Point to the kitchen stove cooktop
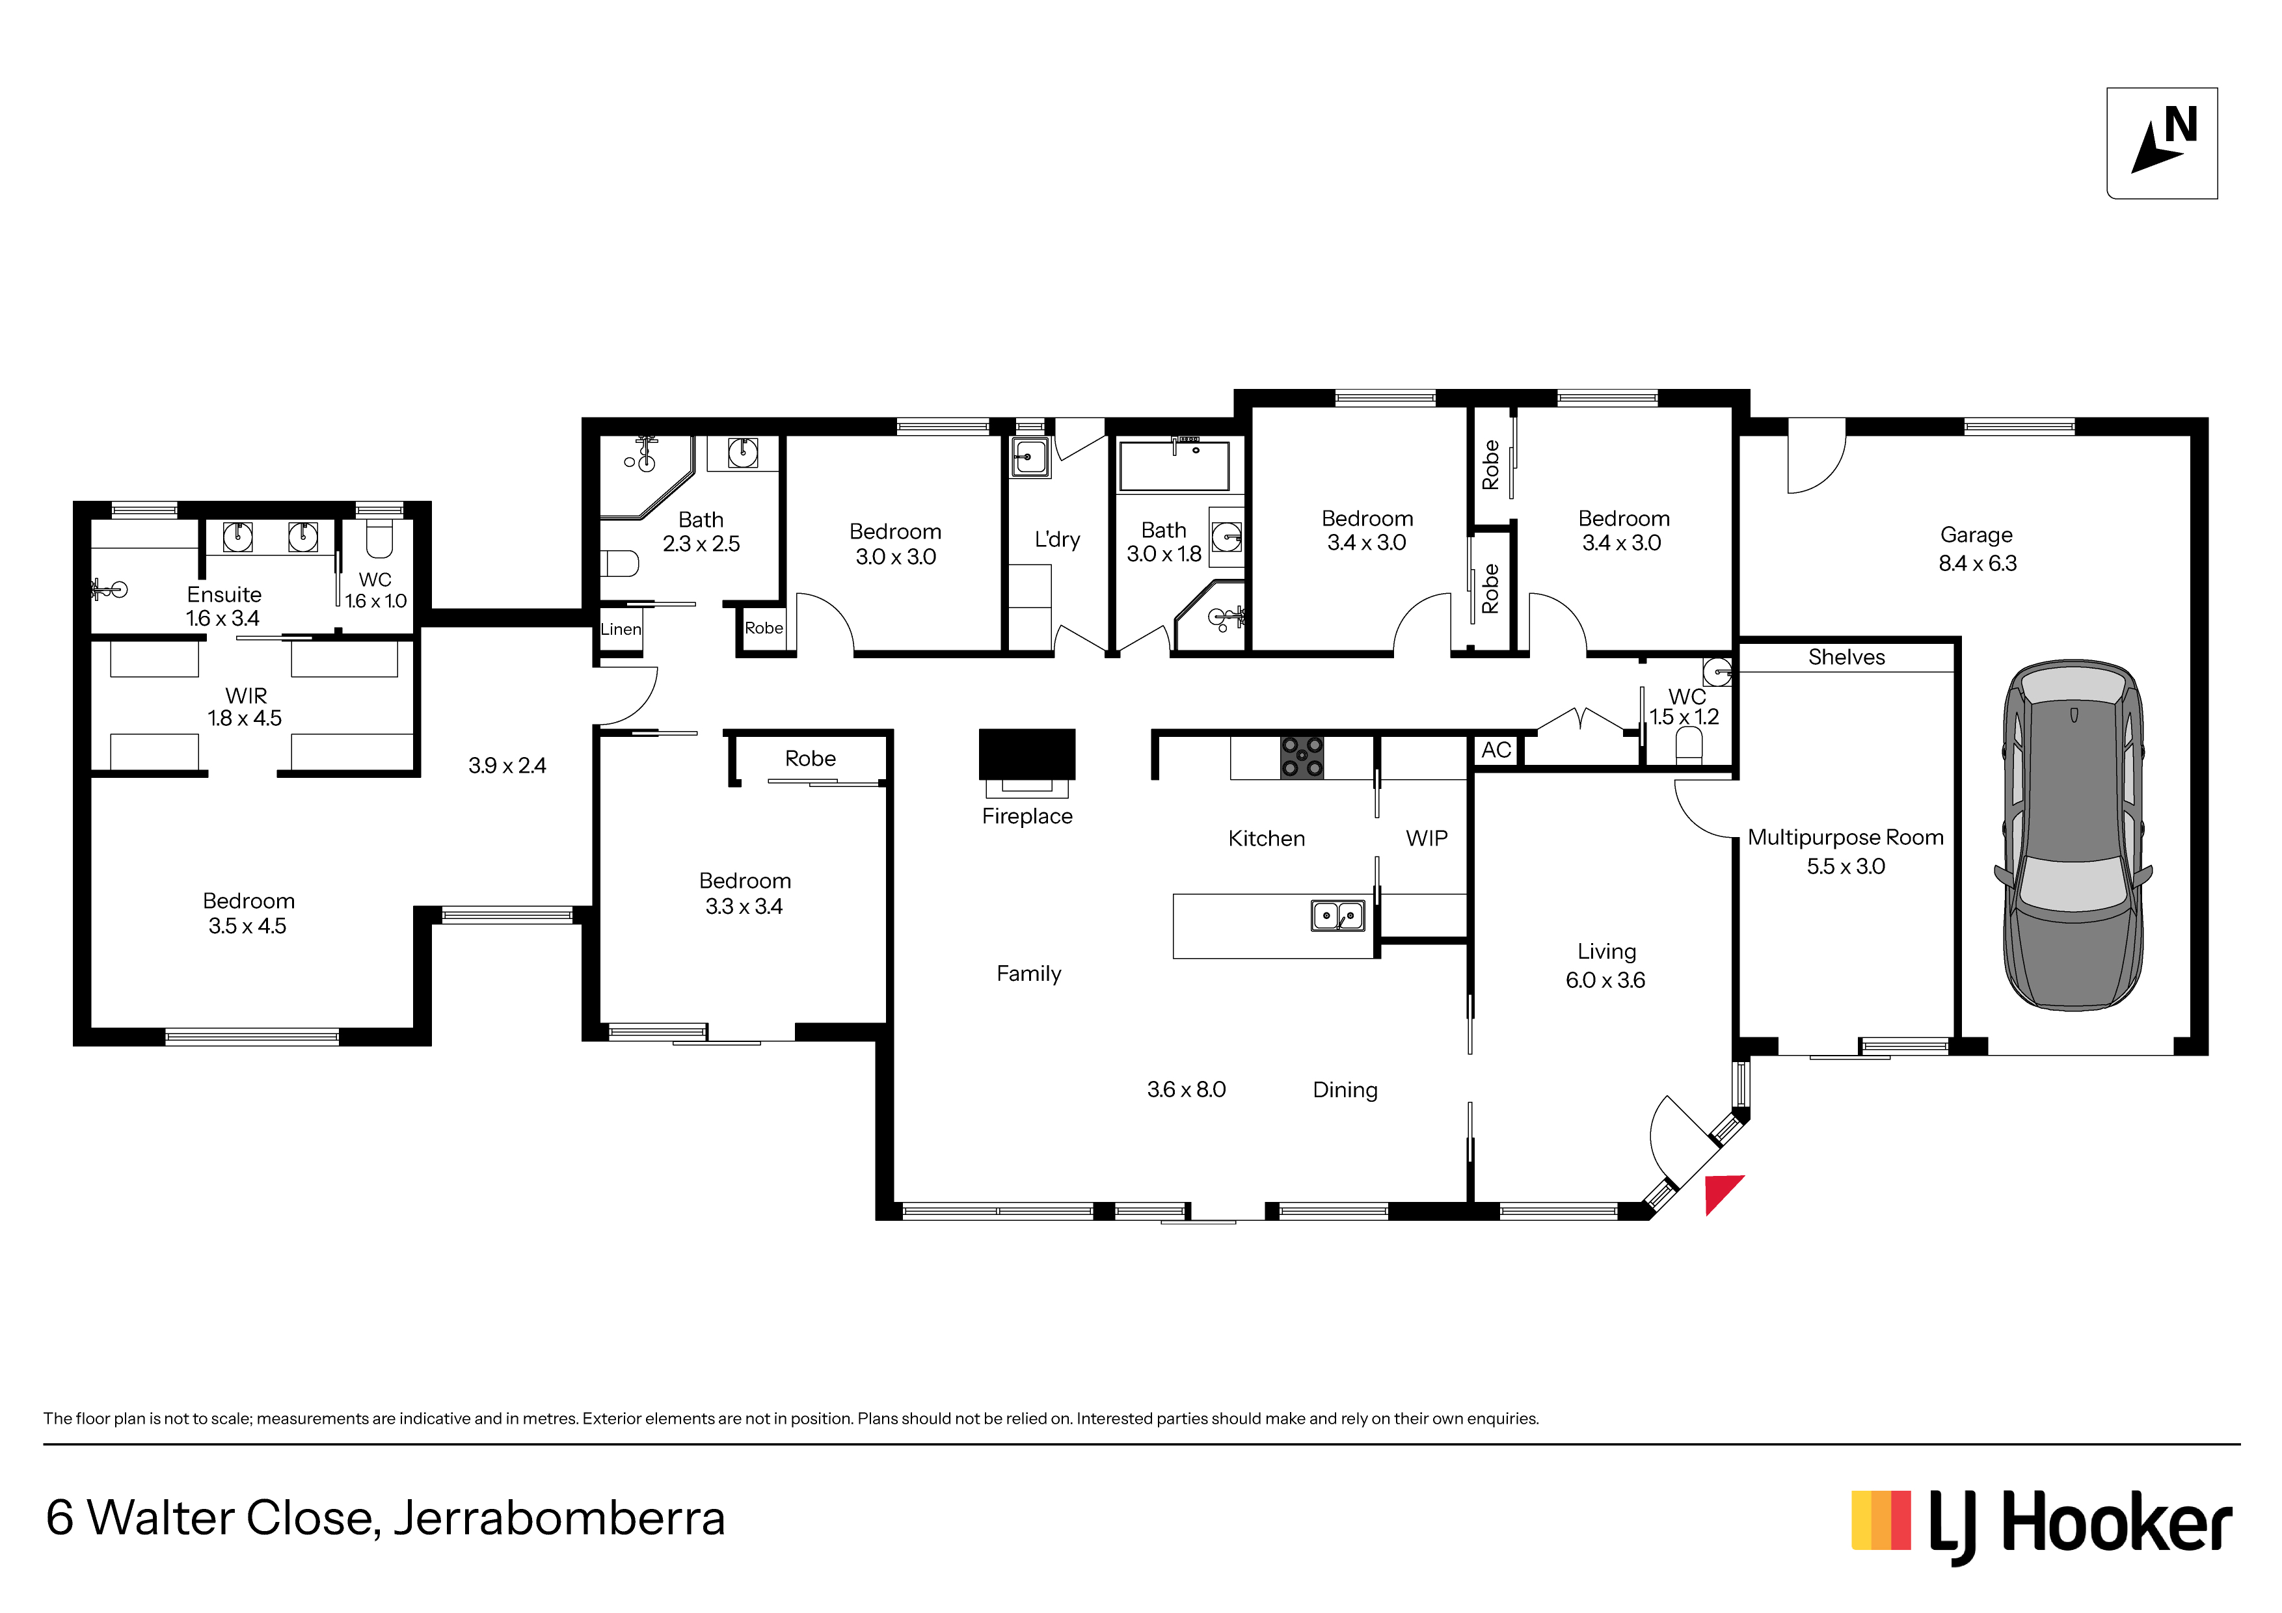point(1302,757)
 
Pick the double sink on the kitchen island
point(1338,915)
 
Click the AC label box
point(1496,751)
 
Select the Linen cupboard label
point(621,629)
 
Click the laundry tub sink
point(1030,458)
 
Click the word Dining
point(1345,1090)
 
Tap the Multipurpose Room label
point(1846,838)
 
